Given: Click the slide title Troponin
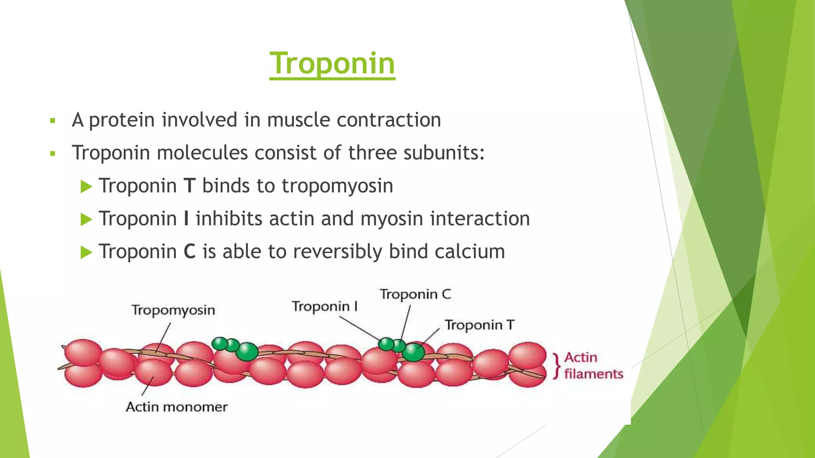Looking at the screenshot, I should click(332, 64).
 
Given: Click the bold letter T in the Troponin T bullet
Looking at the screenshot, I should click(189, 186).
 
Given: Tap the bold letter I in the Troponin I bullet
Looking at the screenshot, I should click(186, 219).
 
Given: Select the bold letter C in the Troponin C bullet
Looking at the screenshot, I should click(190, 252).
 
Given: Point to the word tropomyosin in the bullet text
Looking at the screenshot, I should click(337, 186).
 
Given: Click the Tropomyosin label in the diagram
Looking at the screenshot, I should click(173, 310).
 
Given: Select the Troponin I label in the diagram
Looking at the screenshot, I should click(324, 307).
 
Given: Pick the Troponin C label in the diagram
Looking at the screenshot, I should click(415, 294).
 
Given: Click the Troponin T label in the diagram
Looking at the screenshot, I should click(479, 325).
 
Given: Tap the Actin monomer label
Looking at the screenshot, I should click(177, 407).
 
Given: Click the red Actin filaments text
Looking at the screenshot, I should click(593, 366).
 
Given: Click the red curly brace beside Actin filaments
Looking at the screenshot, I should click(557, 366).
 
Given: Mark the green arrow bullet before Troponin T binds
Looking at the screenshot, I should click(86, 186).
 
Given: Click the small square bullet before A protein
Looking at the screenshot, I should click(53, 120).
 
